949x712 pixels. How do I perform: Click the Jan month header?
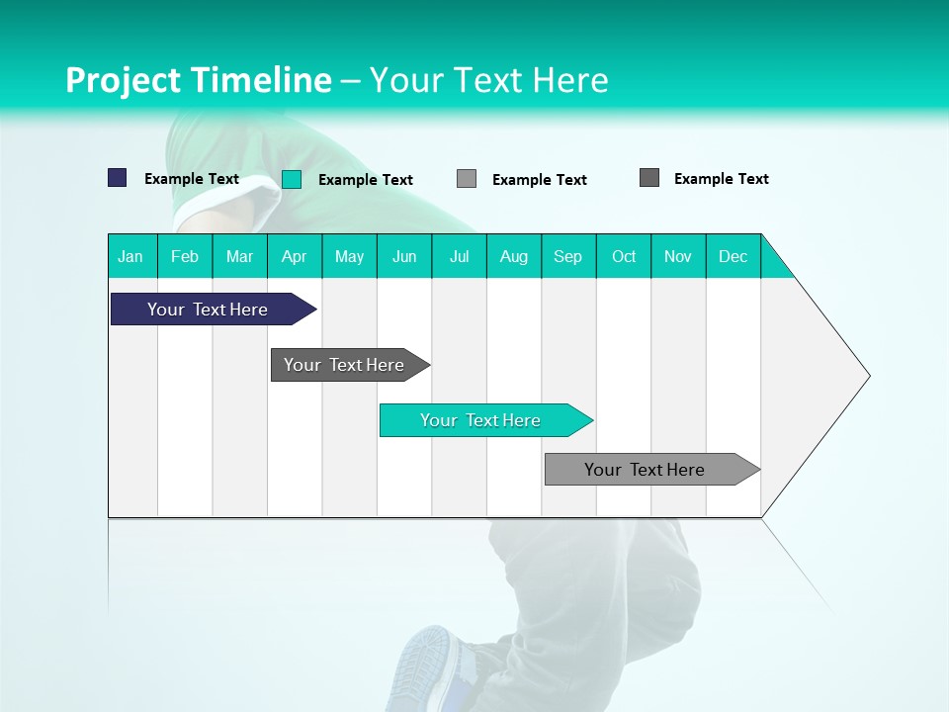(130, 256)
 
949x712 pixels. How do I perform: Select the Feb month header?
(185, 256)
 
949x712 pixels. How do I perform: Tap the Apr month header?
(294, 256)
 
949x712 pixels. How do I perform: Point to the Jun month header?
(404, 256)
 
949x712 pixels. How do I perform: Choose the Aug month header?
(513, 256)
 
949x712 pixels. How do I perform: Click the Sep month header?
(567, 256)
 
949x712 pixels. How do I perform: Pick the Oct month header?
(624, 256)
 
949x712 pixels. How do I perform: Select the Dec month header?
(733, 256)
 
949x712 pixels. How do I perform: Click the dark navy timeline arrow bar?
(208, 310)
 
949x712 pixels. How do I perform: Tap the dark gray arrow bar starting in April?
(344, 365)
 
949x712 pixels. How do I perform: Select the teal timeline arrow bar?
(480, 420)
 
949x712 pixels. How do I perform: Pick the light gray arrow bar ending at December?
(645, 470)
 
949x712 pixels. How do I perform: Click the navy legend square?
(118, 178)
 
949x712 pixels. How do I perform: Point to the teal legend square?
(292, 179)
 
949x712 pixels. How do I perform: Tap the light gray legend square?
(467, 178)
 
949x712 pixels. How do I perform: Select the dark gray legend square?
(649, 178)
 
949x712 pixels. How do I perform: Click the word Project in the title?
(124, 80)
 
